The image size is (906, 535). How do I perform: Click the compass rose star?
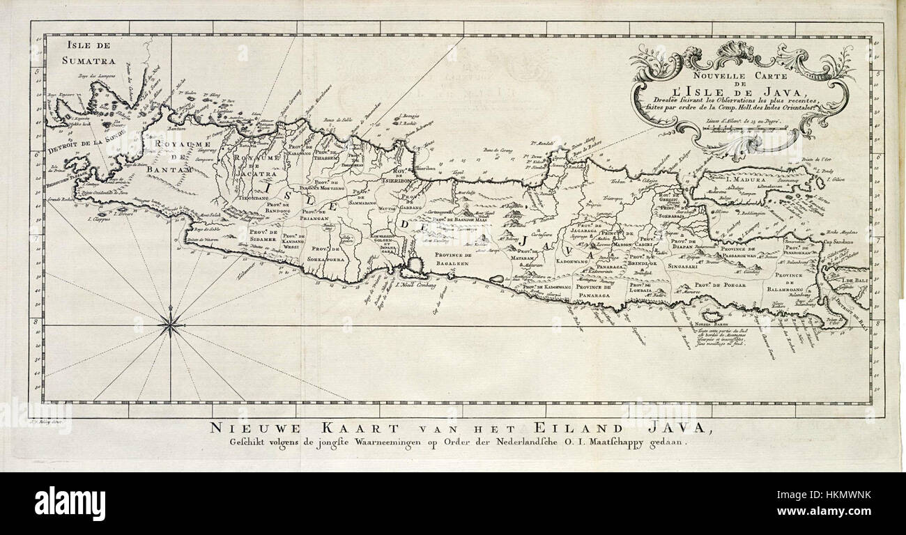coord(171,324)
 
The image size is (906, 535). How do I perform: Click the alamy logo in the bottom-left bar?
coord(70,503)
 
